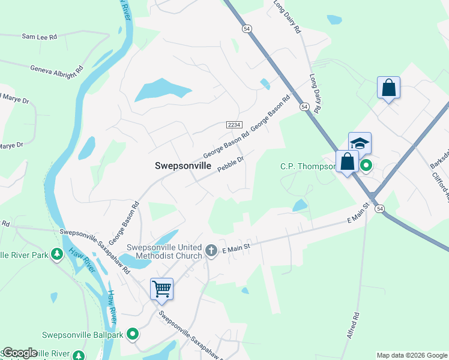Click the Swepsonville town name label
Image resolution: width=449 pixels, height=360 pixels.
coord(183,166)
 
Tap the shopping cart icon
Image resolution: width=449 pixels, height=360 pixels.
coord(161,289)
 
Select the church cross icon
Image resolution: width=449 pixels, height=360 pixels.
coord(211,251)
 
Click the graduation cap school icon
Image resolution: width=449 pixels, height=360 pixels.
coord(360,143)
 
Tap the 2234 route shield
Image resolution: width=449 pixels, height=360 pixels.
coord(234,124)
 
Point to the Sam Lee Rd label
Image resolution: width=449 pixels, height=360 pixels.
coord(39,37)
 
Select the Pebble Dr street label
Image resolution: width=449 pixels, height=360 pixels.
coord(231,164)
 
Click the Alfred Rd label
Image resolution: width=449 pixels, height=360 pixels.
coord(352,325)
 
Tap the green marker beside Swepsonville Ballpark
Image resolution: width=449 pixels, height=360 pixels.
coord(133,334)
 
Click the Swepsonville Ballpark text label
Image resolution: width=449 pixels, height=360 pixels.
coord(83,335)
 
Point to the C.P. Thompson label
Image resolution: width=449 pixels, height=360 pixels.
coord(307,166)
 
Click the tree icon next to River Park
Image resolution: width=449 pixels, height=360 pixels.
coord(57,254)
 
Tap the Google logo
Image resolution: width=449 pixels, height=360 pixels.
coord(19,353)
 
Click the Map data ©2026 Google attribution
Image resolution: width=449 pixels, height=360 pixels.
coord(412,355)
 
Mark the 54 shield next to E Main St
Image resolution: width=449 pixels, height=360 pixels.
coord(380,208)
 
